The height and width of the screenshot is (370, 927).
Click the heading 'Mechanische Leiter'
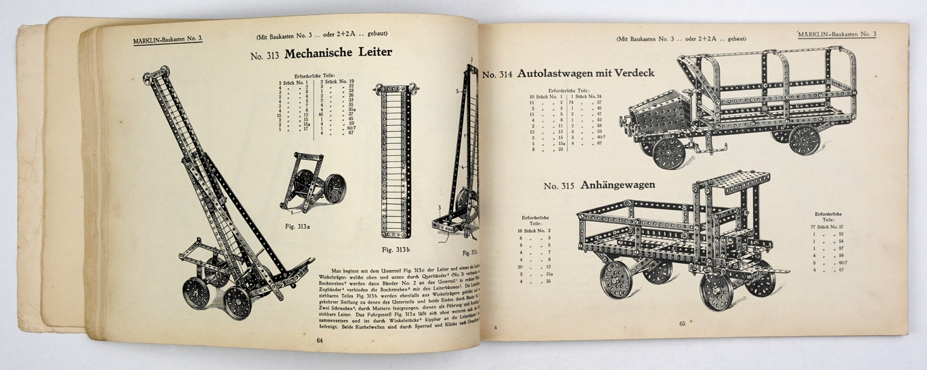tap(338, 52)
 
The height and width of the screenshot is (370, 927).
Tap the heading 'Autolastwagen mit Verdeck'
tap(586, 73)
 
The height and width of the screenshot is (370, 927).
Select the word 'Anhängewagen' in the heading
tap(617, 185)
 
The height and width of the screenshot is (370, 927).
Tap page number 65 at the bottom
tap(682, 324)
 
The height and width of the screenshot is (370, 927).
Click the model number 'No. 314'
tap(497, 75)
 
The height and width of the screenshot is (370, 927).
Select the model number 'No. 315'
tap(559, 186)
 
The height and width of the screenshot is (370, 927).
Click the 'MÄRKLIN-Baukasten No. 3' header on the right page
tap(837, 34)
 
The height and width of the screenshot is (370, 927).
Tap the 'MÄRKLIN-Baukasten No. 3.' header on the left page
tap(168, 40)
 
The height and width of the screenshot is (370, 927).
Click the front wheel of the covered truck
tap(668, 151)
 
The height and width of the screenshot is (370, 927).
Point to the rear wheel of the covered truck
tap(804, 138)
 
